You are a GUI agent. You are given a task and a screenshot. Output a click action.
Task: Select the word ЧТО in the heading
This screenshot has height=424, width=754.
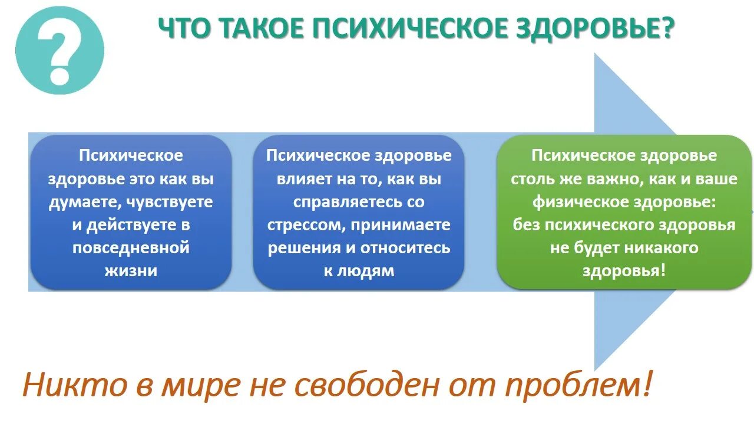[x=185, y=29]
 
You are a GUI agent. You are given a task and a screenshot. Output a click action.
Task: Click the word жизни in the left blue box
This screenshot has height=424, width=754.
[x=131, y=271]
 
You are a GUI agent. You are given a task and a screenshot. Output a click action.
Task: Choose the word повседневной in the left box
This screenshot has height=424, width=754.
[x=131, y=247]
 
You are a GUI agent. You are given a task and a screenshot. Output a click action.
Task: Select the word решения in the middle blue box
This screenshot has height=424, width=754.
[x=304, y=248]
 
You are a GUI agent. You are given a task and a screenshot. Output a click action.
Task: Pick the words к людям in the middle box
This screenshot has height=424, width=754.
[x=359, y=271]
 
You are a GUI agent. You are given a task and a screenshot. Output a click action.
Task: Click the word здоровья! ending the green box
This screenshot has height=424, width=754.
[x=624, y=270]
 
